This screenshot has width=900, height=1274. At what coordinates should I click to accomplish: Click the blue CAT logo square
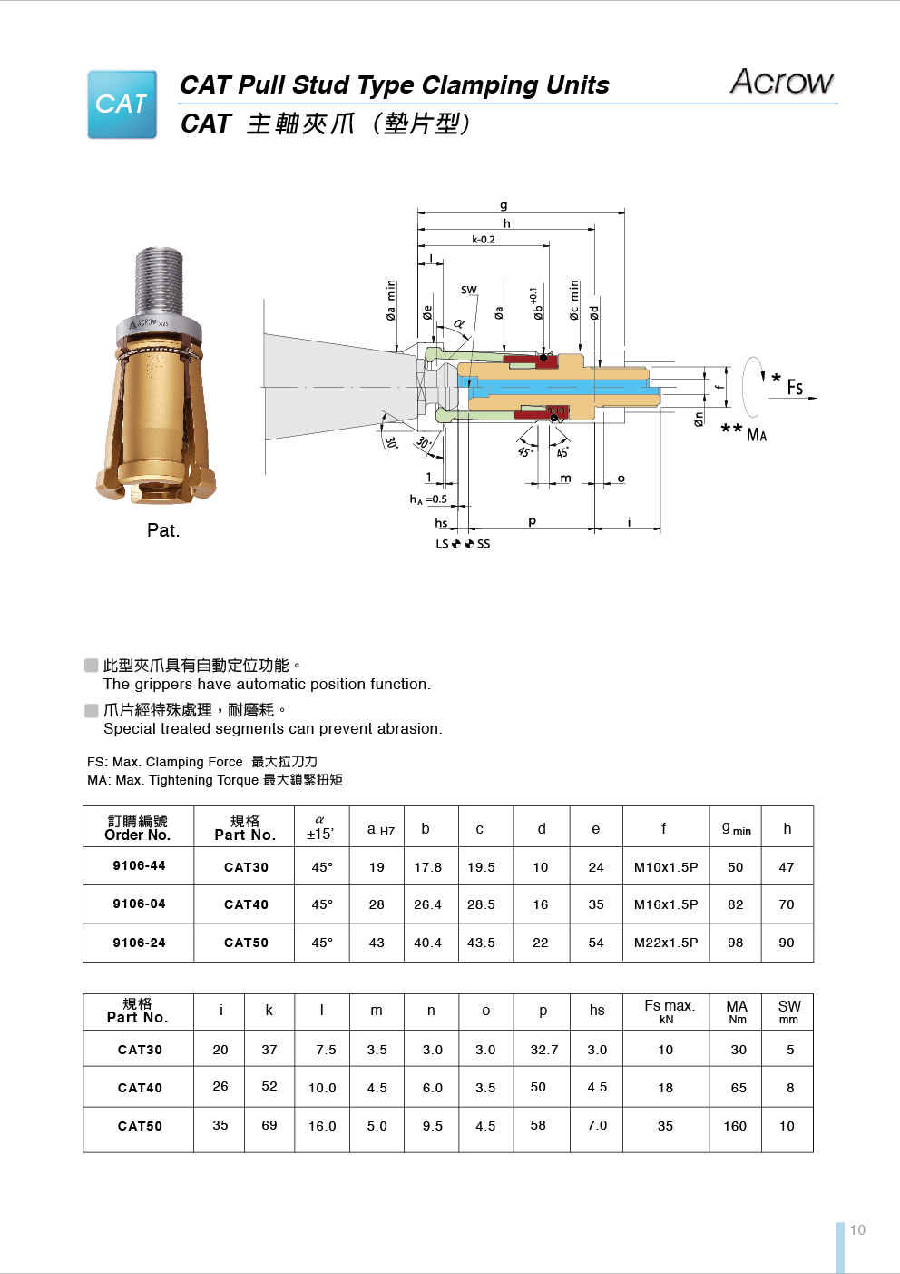(x=122, y=104)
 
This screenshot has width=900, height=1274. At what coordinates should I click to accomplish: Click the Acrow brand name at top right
(x=781, y=82)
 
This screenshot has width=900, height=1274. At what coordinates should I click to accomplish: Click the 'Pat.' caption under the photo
(x=163, y=530)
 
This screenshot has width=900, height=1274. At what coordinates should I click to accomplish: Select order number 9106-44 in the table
(x=139, y=865)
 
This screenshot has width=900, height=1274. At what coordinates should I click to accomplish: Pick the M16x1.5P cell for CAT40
(x=665, y=904)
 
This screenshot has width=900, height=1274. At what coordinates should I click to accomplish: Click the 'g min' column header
(x=736, y=828)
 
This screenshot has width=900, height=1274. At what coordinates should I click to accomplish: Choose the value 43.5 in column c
(x=481, y=943)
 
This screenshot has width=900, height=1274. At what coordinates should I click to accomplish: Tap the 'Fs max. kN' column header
(x=669, y=1011)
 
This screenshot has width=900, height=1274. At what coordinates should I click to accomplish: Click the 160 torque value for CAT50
(x=735, y=1126)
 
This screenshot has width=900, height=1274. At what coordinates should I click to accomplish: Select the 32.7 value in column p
(x=544, y=1050)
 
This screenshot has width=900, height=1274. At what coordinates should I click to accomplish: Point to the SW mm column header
(x=788, y=1011)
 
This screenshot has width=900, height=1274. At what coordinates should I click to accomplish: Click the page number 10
(x=857, y=1230)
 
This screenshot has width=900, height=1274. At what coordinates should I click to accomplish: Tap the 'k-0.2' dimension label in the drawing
(x=483, y=240)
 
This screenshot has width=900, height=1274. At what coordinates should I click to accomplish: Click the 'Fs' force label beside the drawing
(x=795, y=388)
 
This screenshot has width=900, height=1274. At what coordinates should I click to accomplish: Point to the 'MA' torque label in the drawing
(x=756, y=435)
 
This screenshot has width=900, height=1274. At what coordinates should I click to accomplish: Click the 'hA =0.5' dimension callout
(x=428, y=499)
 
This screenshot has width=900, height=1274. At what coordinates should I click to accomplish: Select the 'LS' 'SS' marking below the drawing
(x=463, y=544)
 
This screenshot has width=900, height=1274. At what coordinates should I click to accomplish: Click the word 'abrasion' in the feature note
(x=410, y=729)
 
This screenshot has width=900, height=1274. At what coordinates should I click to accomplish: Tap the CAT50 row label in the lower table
(x=140, y=1126)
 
